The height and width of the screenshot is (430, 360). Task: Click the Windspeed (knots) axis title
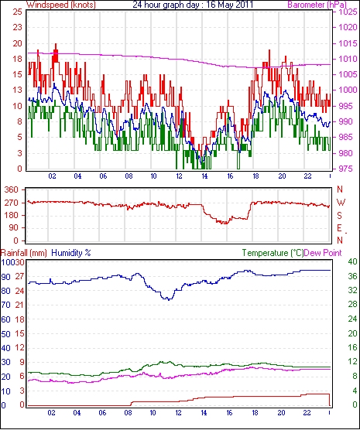pyautogui.click(x=61, y=5)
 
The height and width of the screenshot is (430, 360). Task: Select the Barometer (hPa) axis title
pyautogui.click(x=317, y=5)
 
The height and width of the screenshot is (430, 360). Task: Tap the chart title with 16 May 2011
pyautogui.click(x=193, y=5)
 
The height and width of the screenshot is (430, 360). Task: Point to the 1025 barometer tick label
pyautogui.click(x=348, y=12)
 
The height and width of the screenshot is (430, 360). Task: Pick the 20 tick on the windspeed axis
pyautogui.click(x=17, y=43)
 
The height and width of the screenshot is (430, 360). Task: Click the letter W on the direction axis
pyautogui.click(x=341, y=203)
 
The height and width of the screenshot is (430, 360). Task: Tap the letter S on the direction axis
pyautogui.click(x=340, y=216)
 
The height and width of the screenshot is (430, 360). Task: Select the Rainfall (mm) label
pyautogui.click(x=24, y=253)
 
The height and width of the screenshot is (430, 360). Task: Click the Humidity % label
pyautogui.click(x=71, y=253)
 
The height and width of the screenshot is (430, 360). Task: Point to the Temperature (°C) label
pyautogui.click(x=273, y=253)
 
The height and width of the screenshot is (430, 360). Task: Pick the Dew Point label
pyautogui.click(x=323, y=253)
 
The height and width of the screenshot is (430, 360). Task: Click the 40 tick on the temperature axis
pyautogui.click(x=352, y=261)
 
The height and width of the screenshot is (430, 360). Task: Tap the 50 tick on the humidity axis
pyautogui.click(x=5, y=334)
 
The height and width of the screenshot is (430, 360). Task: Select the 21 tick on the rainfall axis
pyautogui.click(x=19, y=305)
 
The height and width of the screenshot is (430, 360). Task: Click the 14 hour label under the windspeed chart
pyautogui.click(x=204, y=176)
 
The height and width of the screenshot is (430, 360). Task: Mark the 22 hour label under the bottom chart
pyautogui.click(x=307, y=413)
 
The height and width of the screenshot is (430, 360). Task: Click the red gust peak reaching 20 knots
pyautogui.click(x=56, y=44)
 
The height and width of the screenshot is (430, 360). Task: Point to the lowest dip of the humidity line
pyautogui.click(x=169, y=299)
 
